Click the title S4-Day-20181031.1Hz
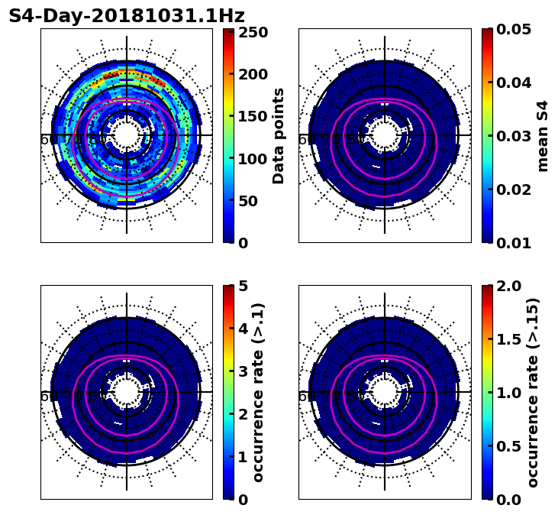pyautogui.click(x=127, y=16)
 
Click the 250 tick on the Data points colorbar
pyautogui.click(x=253, y=33)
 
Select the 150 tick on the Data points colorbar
pyautogui.click(x=253, y=116)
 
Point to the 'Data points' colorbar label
pyautogui.click(x=279, y=135)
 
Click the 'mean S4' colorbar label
pyautogui.click(x=543, y=135)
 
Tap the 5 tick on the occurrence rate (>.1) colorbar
pyautogui.click(x=242, y=286)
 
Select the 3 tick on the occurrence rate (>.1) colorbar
pyautogui.click(x=242, y=371)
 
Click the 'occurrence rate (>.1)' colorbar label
pyautogui.click(x=258, y=392)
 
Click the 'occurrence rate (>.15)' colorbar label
pyautogui.click(x=533, y=392)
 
